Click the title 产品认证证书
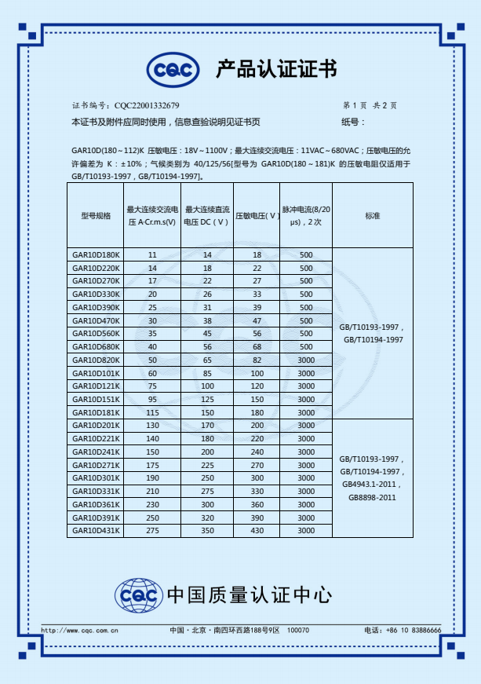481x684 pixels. coord(276,70)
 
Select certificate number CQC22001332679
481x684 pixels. coord(147,105)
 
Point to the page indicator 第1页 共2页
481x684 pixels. coord(370,105)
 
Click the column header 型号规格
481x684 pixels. coord(96,215)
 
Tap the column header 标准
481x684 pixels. coord(372,215)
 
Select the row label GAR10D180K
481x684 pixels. coord(96,255)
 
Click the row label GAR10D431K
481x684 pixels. coord(96,531)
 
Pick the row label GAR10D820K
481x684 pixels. coord(96,360)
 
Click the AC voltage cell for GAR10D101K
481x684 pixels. coord(152,373)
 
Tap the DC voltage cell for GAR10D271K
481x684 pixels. coord(207,465)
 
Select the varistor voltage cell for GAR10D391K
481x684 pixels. coord(257,518)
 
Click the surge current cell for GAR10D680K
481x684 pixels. coord(305,346)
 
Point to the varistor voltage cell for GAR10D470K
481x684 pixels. coord(257,320)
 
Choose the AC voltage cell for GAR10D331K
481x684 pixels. coord(152,491)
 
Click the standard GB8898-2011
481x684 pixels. coord(372,497)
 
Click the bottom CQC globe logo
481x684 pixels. coord(139,594)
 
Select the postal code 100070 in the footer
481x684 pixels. coord(298,630)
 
